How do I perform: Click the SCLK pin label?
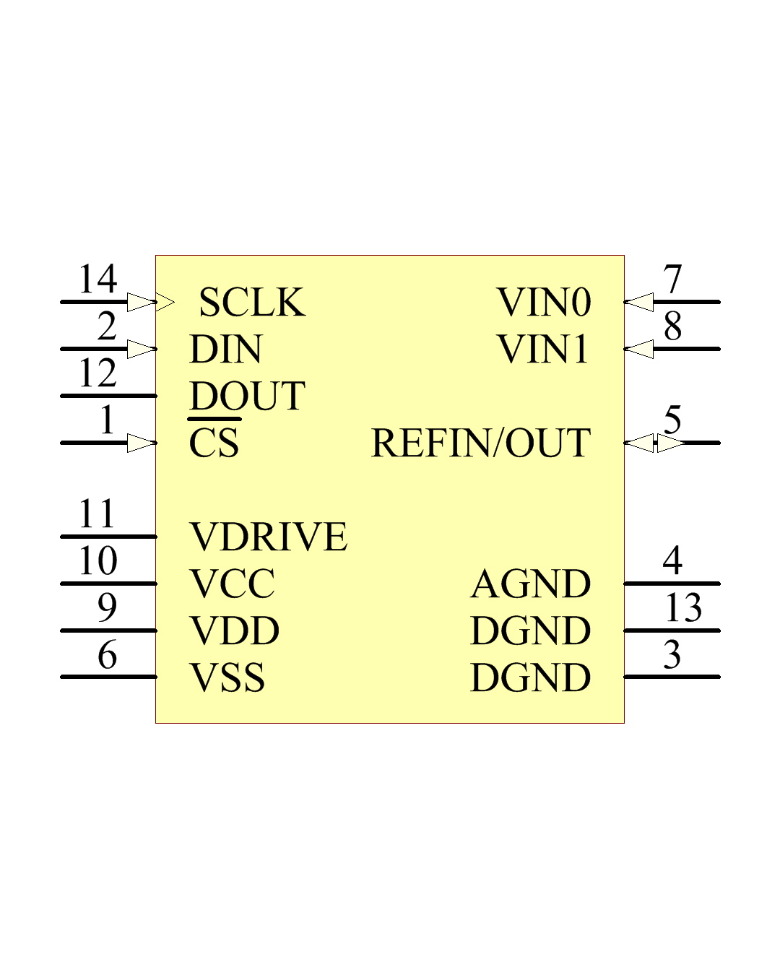252,302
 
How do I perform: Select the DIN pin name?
226,349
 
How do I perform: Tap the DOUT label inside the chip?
247,396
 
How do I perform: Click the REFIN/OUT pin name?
480,443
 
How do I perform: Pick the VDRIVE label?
269,537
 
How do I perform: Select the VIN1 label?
542,349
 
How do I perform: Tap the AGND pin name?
530,584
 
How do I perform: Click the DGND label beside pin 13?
531,630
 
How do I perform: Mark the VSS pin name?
227,677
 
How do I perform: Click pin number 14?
98,279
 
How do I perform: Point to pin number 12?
98,373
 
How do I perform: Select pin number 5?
672,420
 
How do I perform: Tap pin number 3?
672,654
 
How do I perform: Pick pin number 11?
96,513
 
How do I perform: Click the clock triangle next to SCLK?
165,302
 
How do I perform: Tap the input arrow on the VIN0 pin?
639,302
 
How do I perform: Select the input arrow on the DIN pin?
142,349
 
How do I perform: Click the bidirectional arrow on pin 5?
654,443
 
